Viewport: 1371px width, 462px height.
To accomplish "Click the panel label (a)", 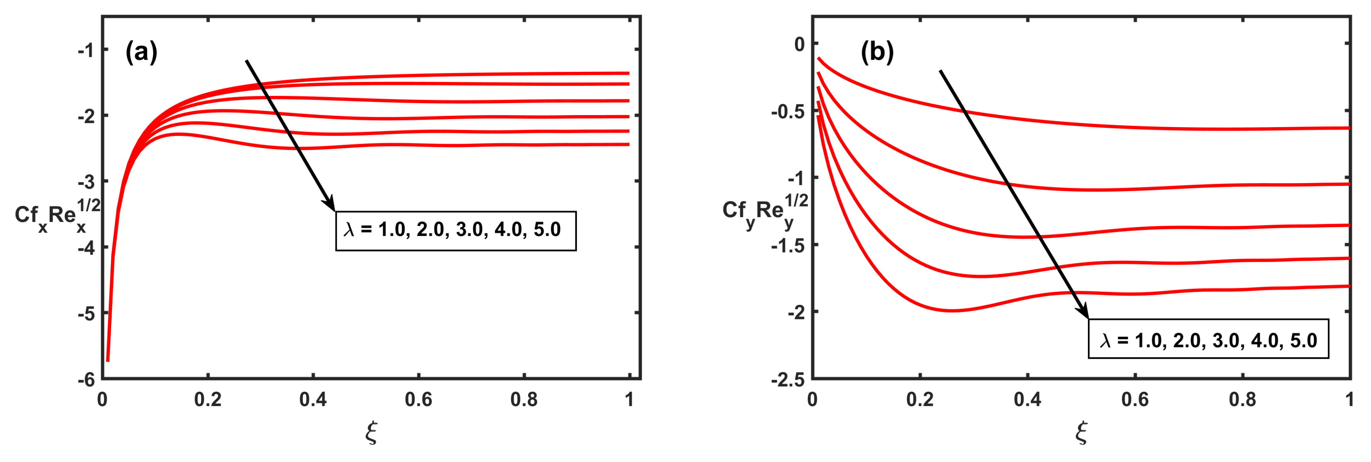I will pyautogui.click(x=141, y=52).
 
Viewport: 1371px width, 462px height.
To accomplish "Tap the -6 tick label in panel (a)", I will pyautogui.click(x=86, y=379).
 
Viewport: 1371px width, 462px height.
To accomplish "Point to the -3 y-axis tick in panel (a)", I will pyautogui.click(x=86, y=182).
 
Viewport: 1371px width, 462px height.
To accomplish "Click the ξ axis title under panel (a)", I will pyautogui.click(x=371, y=432).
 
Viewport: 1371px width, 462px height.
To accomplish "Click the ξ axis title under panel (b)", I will pyautogui.click(x=1081, y=432).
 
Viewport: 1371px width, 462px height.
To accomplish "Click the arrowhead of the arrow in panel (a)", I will pyautogui.click(x=330, y=205).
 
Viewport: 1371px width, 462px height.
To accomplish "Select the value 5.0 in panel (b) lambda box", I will pyautogui.click(x=1303, y=341).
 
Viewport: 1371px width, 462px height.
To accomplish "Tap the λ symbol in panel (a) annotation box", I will pyautogui.click(x=349, y=230).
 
